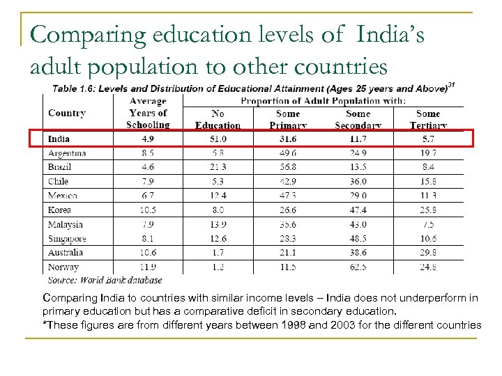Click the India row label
59,139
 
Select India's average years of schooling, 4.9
148,139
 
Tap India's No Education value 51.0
218,139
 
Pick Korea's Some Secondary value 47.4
358,210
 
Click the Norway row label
63,267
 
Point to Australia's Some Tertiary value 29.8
428,253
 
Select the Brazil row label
60,167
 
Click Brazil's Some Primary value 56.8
288,167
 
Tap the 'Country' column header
67,113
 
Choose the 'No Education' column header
218,119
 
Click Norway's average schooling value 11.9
148,267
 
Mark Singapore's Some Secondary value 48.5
358,238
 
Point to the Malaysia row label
66,224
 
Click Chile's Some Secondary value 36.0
358,182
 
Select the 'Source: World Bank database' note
105,280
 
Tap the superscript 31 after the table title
451,86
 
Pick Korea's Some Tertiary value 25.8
428,210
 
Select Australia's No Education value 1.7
218,253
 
